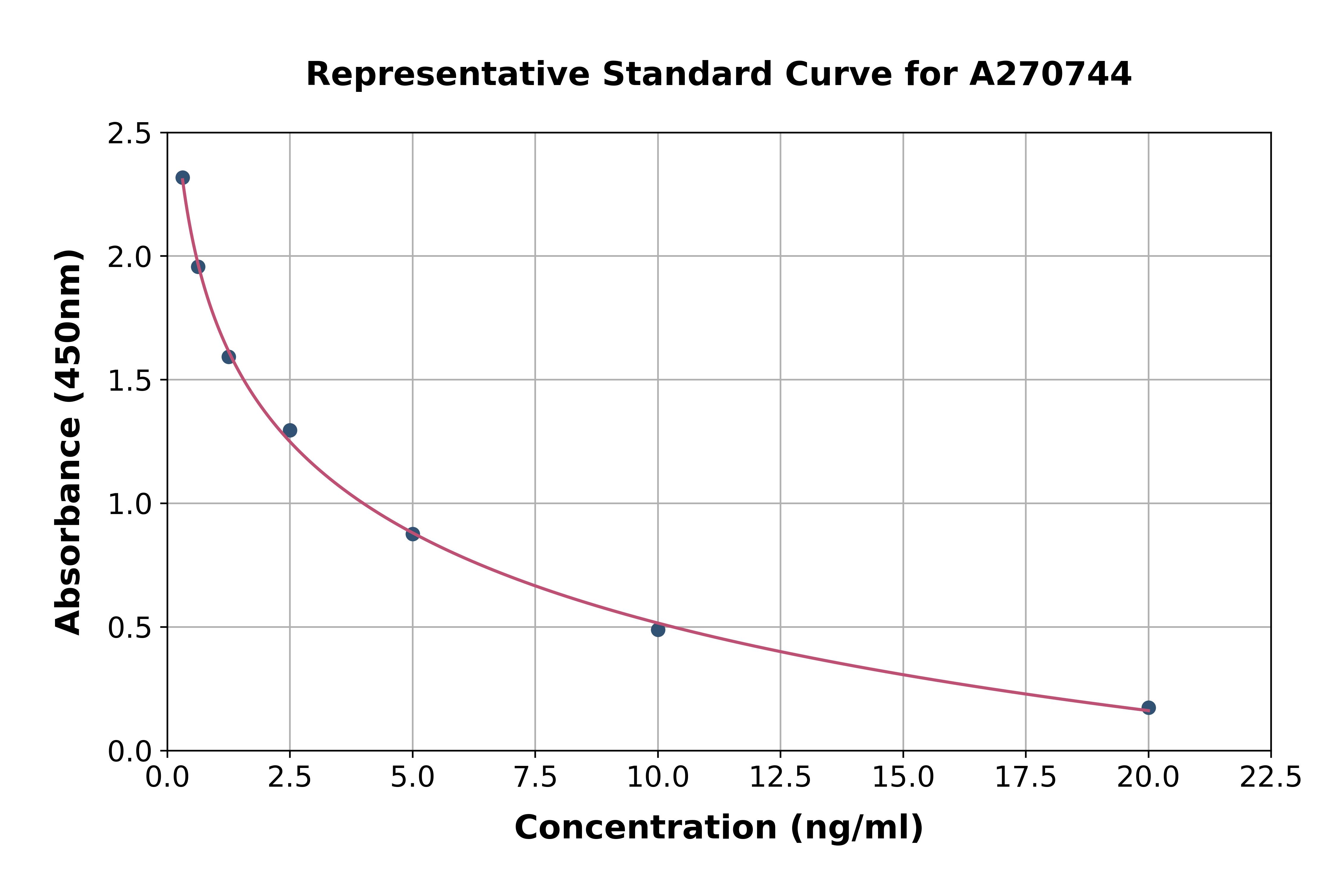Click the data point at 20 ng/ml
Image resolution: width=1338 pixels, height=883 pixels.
coord(1148,707)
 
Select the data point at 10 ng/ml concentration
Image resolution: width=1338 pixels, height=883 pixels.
coord(658,630)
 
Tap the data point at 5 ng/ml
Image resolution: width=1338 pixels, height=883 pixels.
coord(413,534)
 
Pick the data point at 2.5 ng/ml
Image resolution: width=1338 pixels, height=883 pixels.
coord(290,430)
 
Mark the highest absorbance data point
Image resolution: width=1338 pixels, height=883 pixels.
coord(183,177)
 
